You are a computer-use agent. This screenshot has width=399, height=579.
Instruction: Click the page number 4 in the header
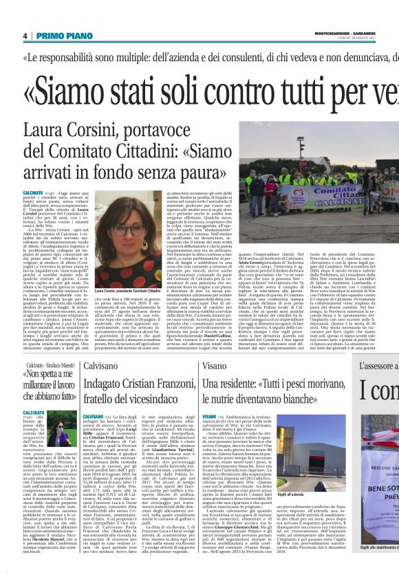coord(25,36)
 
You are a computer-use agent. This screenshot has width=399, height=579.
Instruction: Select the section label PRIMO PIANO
coord(59,36)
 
